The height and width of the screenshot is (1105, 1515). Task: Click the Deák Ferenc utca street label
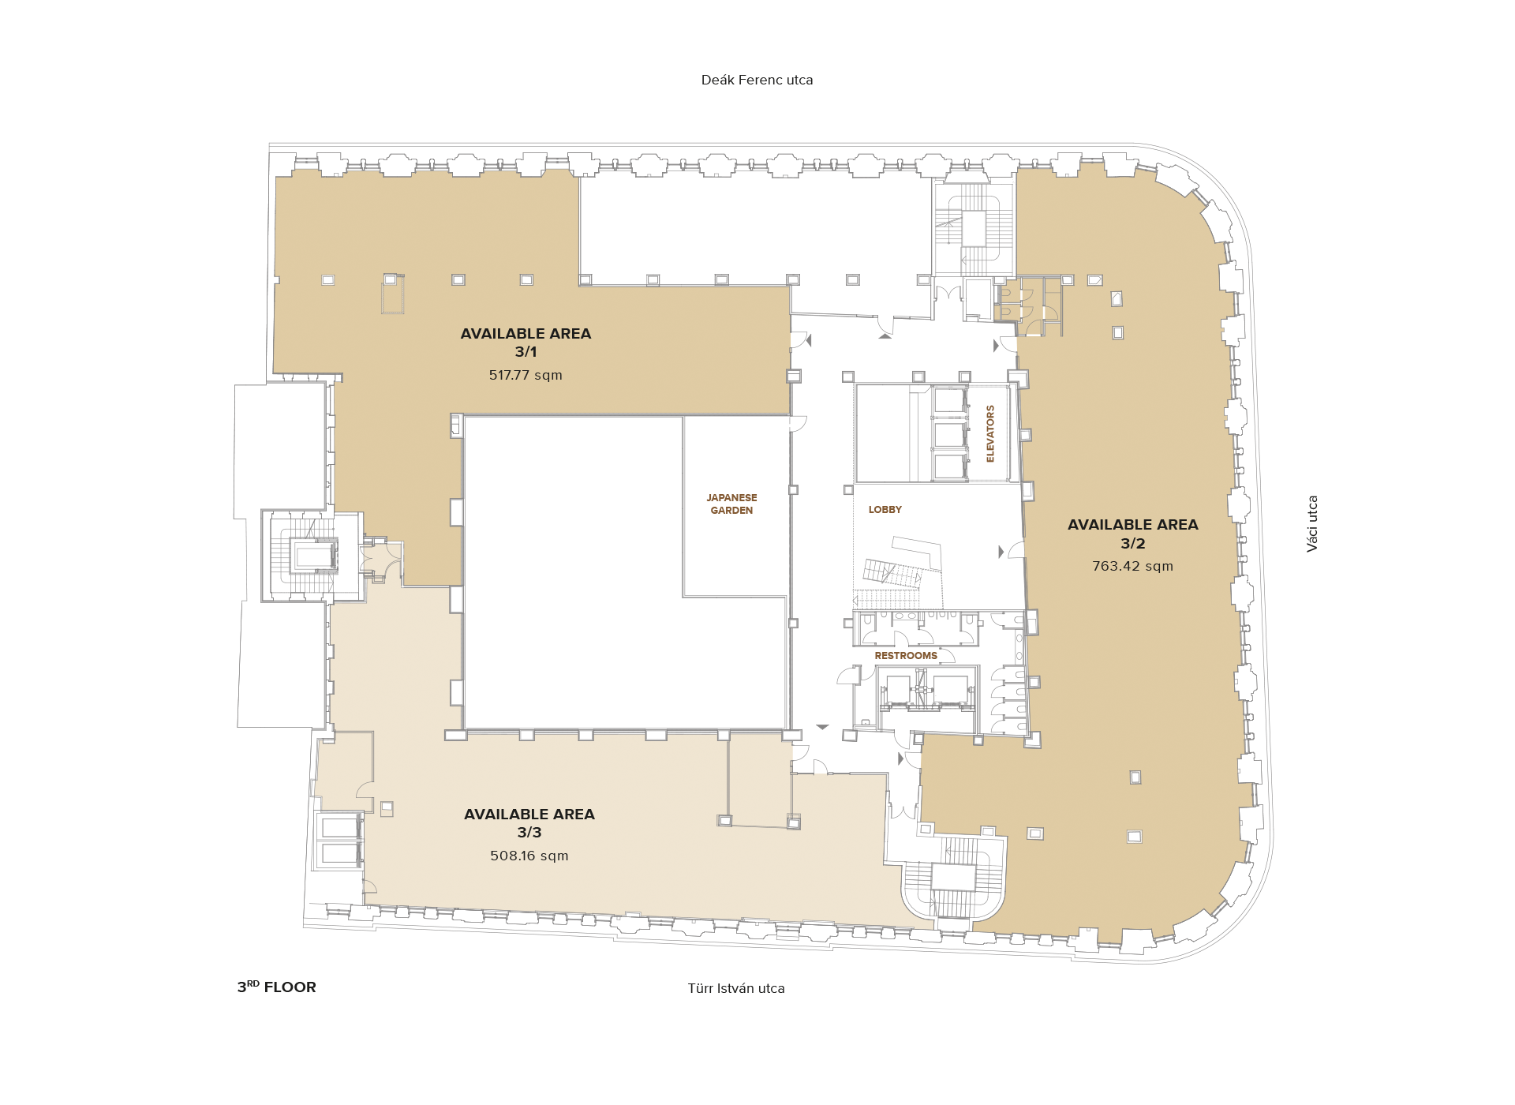(757, 80)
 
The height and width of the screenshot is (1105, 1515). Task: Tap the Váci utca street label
(1312, 523)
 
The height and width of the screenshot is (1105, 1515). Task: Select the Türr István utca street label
(736, 988)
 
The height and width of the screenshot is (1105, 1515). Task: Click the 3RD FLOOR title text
(276, 987)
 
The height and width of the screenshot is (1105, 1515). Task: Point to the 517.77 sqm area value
(526, 375)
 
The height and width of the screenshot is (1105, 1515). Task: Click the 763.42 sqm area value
(1132, 566)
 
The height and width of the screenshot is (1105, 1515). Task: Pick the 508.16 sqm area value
(529, 856)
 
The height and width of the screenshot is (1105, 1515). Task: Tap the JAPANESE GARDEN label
(731, 504)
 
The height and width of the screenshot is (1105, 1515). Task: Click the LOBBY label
(885, 510)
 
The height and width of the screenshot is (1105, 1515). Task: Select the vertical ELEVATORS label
(990, 433)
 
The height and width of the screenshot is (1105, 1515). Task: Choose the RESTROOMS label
(906, 656)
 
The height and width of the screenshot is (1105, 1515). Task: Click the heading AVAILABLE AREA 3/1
(526, 343)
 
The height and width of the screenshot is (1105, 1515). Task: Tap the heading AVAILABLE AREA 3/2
(1132, 534)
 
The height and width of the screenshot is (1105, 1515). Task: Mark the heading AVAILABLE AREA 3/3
(529, 822)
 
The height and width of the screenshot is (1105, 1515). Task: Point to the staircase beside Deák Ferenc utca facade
(974, 229)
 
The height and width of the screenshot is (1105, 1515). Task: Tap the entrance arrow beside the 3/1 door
(808, 340)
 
